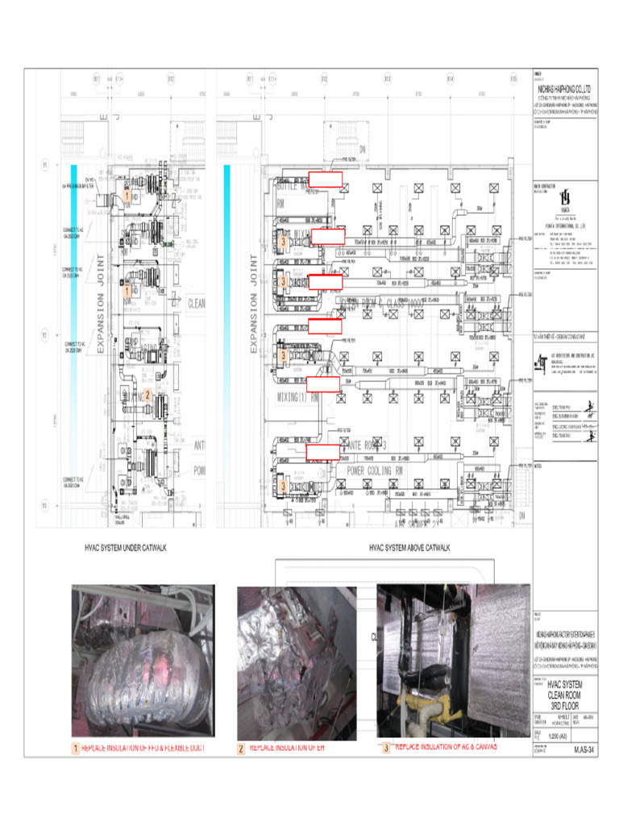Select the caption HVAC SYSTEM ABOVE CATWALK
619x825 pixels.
[x=409, y=548]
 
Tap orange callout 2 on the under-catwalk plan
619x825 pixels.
[x=147, y=395]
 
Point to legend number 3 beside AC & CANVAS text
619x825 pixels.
[x=386, y=747]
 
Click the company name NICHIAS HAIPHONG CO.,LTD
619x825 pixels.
[x=564, y=85]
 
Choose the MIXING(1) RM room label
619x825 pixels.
[x=298, y=397]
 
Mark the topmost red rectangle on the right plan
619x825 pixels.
[x=326, y=179]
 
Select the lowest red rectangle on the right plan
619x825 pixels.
[x=323, y=452]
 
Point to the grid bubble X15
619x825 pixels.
[x=513, y=79]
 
